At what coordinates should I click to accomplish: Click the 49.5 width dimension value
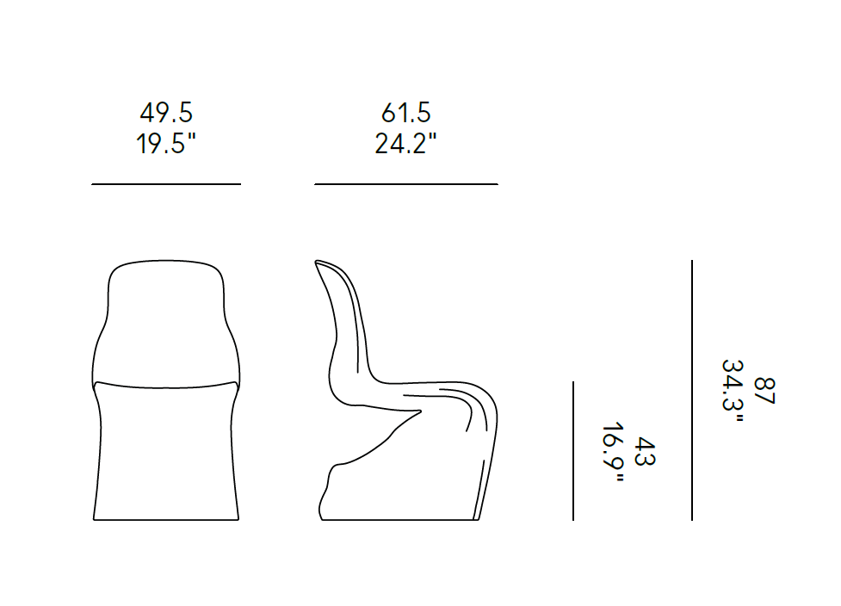point(166,113)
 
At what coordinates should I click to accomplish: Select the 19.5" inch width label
point(166,143)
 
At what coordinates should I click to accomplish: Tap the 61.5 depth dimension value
point(406,113)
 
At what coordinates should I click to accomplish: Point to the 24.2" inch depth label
point(405,143)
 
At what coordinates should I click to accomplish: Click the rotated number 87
point(764,391)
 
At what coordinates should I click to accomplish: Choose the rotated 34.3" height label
point(733,391)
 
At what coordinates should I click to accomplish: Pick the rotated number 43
point(645,452)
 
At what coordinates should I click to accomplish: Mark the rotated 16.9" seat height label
point(613,452)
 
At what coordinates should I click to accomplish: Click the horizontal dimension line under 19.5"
point(166,184)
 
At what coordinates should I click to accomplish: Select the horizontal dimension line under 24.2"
point(406,184)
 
